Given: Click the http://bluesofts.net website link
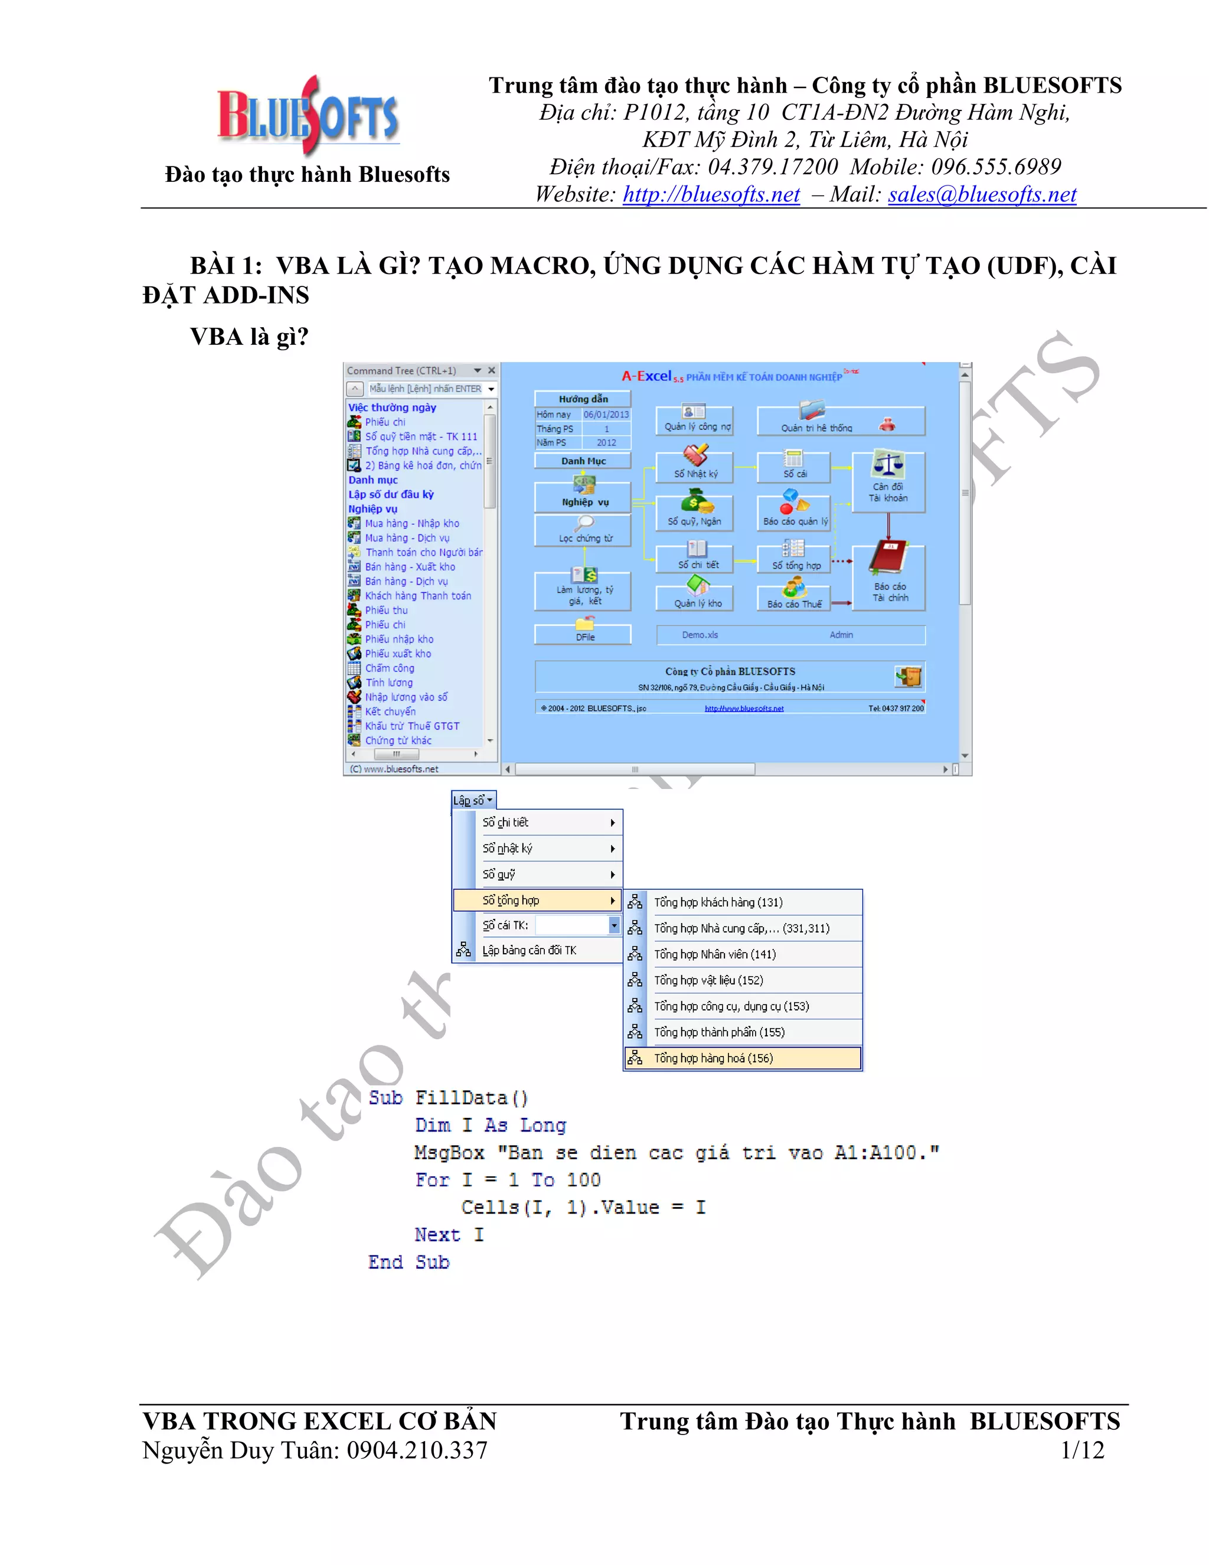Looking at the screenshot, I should [711, 194].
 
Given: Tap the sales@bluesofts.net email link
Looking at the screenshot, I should [981, 194].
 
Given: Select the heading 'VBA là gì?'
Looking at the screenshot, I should [249, 336].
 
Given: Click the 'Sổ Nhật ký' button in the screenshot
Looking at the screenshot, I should [695, 467].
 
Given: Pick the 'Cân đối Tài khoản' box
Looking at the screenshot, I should [888, 481].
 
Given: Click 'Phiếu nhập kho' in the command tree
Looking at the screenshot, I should [399, 639].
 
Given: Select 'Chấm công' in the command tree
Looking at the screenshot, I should [390, 668].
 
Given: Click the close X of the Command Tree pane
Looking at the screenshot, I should [491, 370].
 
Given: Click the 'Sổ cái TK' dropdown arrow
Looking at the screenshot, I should [614, 925].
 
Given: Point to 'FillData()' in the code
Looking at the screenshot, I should [471, 1098].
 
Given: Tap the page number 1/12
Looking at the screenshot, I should [1081, 1450].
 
